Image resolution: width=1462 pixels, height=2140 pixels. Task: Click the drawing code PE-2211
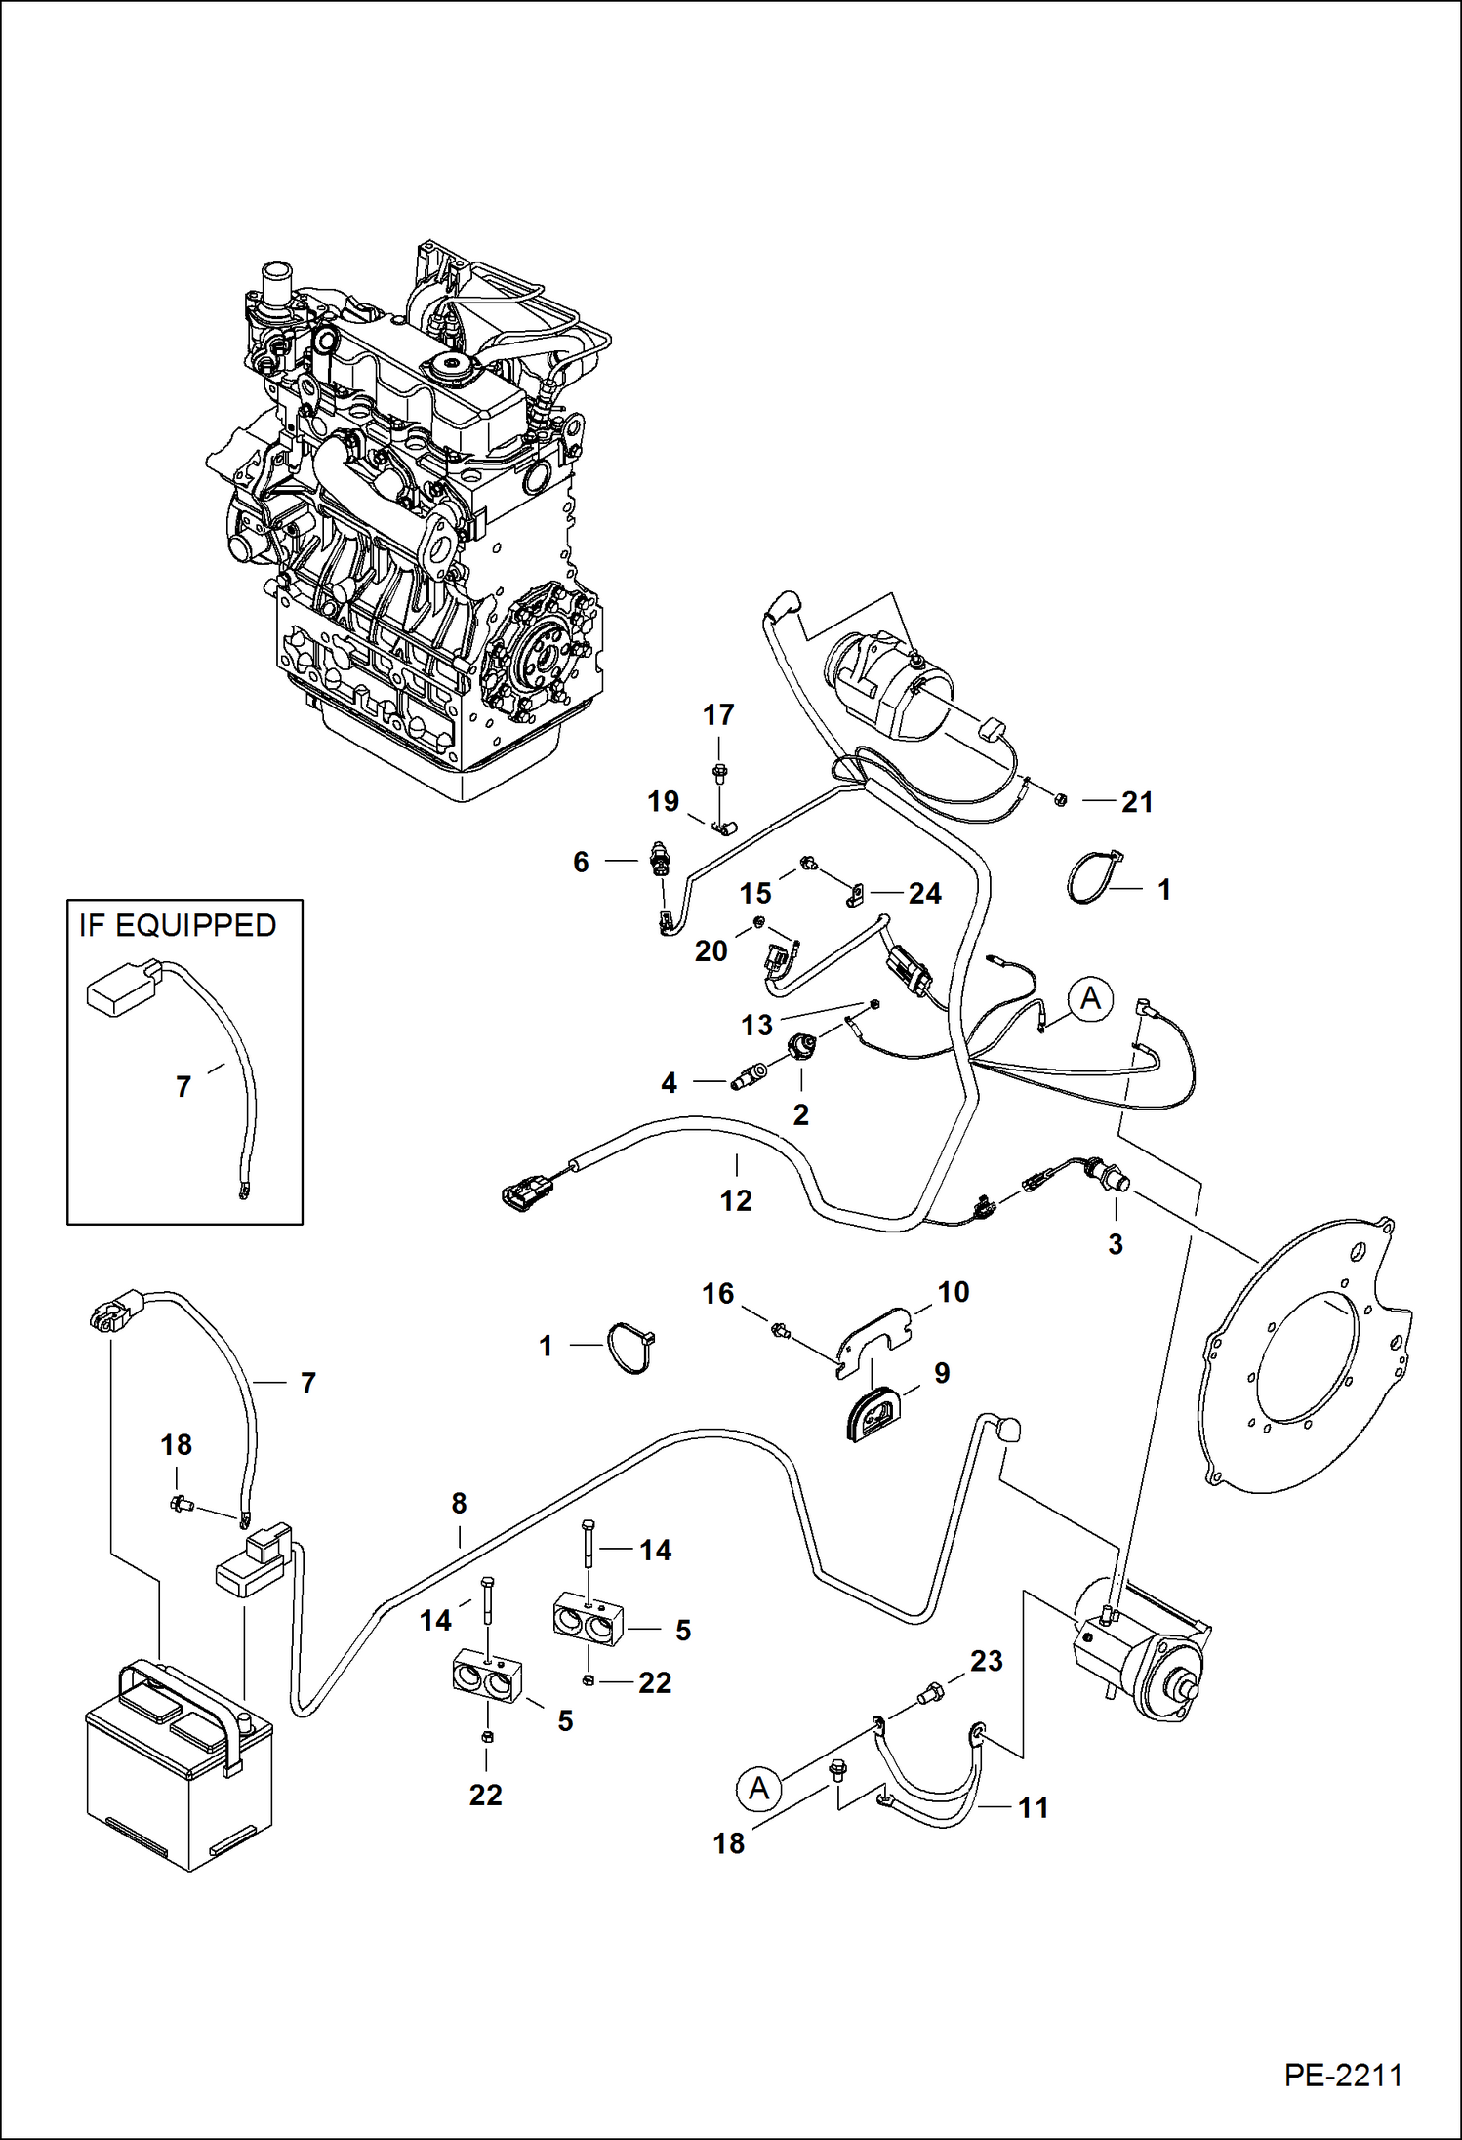point(1343,2074)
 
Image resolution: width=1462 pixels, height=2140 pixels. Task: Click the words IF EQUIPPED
point(178,925)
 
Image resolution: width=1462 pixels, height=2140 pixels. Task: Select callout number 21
point(1137,802)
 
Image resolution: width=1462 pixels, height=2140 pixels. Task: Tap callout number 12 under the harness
point(736,1200)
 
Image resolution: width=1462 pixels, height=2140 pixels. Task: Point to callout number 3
point(1116,1244)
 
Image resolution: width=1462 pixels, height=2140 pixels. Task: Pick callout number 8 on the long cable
point(459,1504)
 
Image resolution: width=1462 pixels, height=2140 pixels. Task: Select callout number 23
point(986,1661)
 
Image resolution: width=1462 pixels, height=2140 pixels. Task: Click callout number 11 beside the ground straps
point(1033,1807)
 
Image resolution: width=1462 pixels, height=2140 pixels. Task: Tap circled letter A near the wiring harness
point(1090,999)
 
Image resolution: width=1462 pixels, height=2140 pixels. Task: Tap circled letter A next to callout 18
point(758,1789)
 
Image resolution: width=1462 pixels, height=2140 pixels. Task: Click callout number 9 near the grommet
point(941,1373)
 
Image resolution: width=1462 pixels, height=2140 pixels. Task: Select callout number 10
point(953,1292)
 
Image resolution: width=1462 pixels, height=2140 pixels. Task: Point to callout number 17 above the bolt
point(718,715)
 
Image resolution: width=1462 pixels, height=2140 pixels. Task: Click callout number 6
point(581,862)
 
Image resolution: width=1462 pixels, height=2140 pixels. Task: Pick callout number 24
point(924,893)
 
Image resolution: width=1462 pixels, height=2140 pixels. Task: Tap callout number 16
point(717,1294)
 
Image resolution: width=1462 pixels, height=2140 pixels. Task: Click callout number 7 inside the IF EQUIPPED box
point(183,1086)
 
